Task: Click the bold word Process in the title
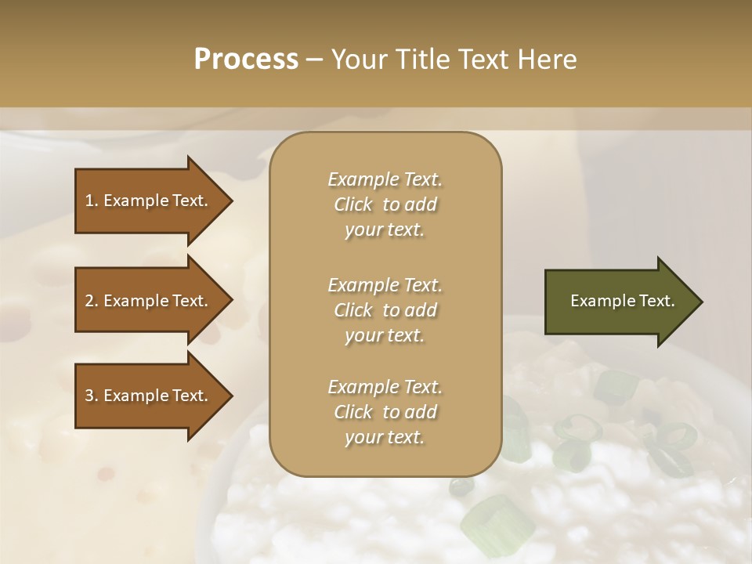point(246,60)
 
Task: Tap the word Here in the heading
point(548,60)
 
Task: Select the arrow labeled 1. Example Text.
point(149,201)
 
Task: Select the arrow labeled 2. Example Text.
point(149,301)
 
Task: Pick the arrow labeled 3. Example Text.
point(149,396)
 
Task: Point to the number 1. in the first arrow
point(92,201)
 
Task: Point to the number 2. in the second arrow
point(92,301)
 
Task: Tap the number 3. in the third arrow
point(92,396)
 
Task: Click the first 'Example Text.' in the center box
point(385,179)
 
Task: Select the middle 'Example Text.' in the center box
point(385,285)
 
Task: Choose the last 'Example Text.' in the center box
point(385,387)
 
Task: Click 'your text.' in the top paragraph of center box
point(385,230)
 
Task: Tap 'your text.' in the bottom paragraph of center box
point(385,438)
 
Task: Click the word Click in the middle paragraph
point(353,310)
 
